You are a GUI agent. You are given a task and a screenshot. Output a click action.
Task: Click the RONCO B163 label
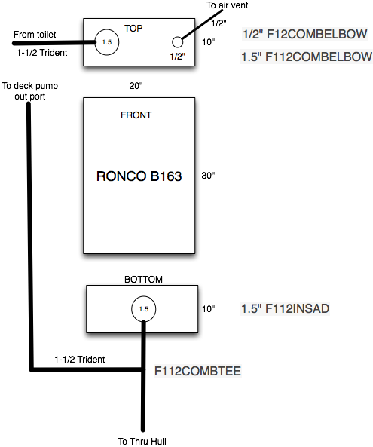click(x=139, y=176)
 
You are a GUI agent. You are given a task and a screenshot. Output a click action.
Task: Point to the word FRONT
click(x=136, y=115)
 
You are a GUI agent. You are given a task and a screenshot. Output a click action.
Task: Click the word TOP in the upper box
click(x=133, y=29)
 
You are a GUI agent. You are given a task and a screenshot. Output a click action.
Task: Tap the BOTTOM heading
click(x=143, y=280)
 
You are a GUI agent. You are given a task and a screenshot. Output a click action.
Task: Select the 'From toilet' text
click(x=35, y=35)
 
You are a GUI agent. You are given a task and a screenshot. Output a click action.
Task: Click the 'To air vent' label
click(x=228, y=5)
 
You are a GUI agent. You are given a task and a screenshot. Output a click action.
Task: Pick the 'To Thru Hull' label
click(x=142, y=441)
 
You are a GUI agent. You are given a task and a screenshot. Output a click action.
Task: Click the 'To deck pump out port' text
click(x=30, y=91)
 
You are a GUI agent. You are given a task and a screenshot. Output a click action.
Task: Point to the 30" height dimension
click(x=208, y=176)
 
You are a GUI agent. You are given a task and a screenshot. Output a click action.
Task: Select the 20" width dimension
click(x=136, y=85)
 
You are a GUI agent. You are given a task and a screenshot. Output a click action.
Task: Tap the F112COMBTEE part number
click(x=197, y=371)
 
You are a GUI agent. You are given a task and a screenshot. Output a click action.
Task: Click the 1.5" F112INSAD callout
click(x=286, y=309)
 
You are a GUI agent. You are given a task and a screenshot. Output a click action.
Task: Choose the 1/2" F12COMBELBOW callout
click(x=305, y=34)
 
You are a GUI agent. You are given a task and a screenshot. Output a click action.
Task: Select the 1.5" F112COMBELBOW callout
click(x=307, y=57)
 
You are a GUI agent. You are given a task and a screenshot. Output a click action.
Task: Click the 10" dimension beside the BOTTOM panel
click(x=208, y=309)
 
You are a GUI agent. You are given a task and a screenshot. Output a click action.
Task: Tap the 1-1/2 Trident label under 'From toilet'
click(x=42, y=53)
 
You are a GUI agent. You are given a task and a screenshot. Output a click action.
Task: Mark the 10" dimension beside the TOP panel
click(x=208, y=42)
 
